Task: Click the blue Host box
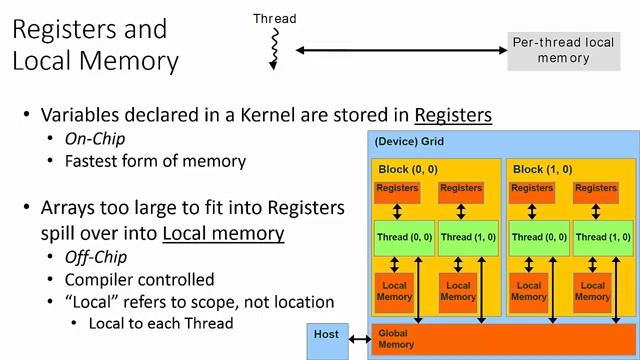tap(326, 339)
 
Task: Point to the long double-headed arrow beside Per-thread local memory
tap(400, 50)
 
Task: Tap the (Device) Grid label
tap(409, 142)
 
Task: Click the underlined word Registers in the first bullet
tap(453, 114)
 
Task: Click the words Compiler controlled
tap(139, 280)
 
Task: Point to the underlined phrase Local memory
tap(223, 233)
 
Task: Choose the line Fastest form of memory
tap(155, 160)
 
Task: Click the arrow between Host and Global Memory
tap(359, 339)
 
